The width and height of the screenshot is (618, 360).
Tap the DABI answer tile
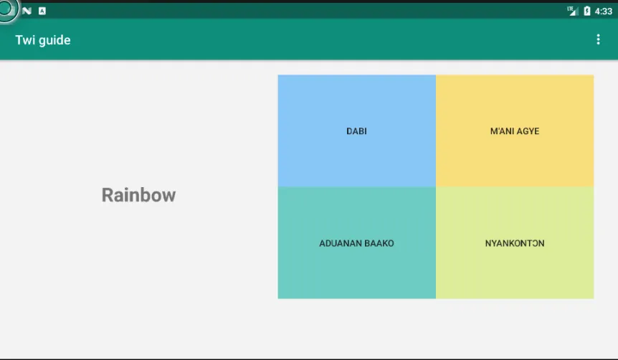(357, 131)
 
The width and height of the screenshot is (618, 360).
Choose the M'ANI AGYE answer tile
(515, 131)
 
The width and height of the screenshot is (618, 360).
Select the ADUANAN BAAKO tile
(357, 243)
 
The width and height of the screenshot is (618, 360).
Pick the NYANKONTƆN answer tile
(515, 243)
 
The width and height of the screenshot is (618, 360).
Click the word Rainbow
(139, 195)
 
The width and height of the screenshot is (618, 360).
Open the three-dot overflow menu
(598, 39)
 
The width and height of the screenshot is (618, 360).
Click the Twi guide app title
(43, 40)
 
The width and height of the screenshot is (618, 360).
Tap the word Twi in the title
(25, 40)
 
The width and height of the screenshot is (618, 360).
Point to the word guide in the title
(54, 41)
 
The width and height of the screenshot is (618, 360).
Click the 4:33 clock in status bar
(604, 11)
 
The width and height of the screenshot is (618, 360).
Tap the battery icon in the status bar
(587, 11)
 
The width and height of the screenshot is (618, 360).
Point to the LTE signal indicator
(573, 11)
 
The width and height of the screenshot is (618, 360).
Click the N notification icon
(27, 11)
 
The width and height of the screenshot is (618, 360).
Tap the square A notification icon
(42, 11)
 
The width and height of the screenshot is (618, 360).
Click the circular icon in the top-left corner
(7, 9)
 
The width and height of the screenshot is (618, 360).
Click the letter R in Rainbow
(108, 195)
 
